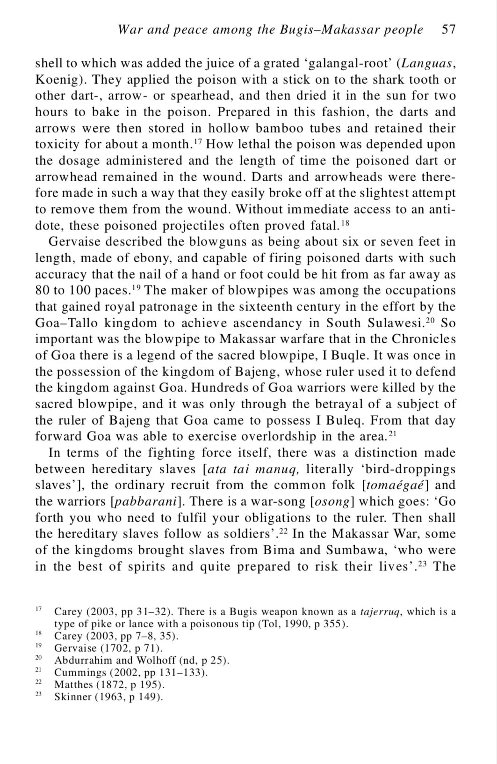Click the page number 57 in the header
point(448,29)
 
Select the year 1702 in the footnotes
point(121,648)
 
